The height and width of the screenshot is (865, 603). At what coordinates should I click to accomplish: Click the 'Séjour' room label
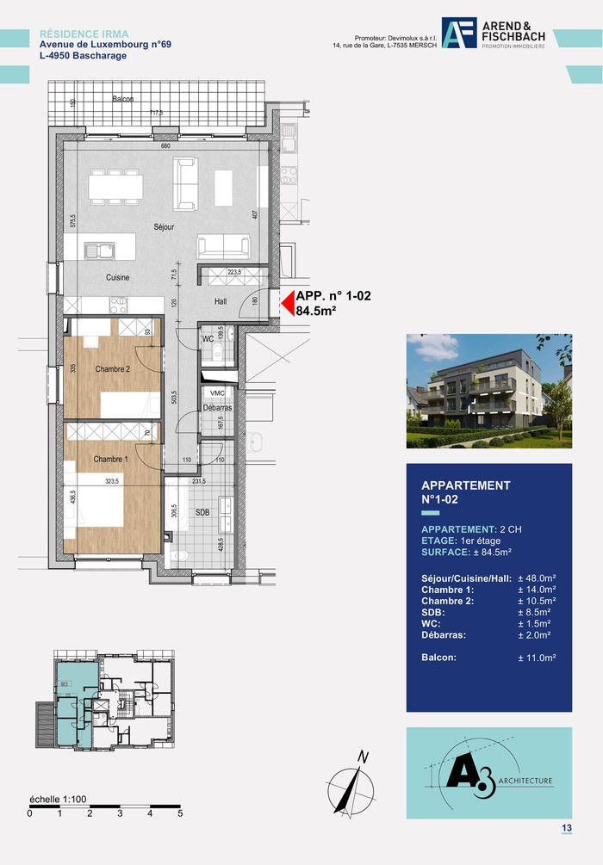[164, 227]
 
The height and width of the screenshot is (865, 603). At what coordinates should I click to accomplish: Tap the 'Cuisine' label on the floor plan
[118, 277]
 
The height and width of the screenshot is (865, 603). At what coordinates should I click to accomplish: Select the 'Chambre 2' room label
[112, 369]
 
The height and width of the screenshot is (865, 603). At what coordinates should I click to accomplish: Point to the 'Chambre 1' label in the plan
[110, 460]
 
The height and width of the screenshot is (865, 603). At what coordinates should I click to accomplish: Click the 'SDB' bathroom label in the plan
[203, 512]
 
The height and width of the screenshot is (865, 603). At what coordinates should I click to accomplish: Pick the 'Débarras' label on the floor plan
[216, 407]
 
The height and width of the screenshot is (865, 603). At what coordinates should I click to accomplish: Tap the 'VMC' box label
[217, 392]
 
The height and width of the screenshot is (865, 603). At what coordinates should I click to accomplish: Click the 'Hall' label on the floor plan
[221, 301]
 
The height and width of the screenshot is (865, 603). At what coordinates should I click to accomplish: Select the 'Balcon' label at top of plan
[122, 100]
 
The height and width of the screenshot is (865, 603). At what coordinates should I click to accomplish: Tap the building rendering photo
[488, 391]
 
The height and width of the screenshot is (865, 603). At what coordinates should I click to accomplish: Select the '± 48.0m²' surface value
[536, 578]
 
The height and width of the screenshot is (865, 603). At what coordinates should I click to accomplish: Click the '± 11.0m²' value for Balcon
[536, 658]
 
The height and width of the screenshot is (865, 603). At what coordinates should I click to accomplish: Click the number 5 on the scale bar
[180, 812]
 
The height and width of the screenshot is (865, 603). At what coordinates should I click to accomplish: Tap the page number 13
[566, 828]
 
